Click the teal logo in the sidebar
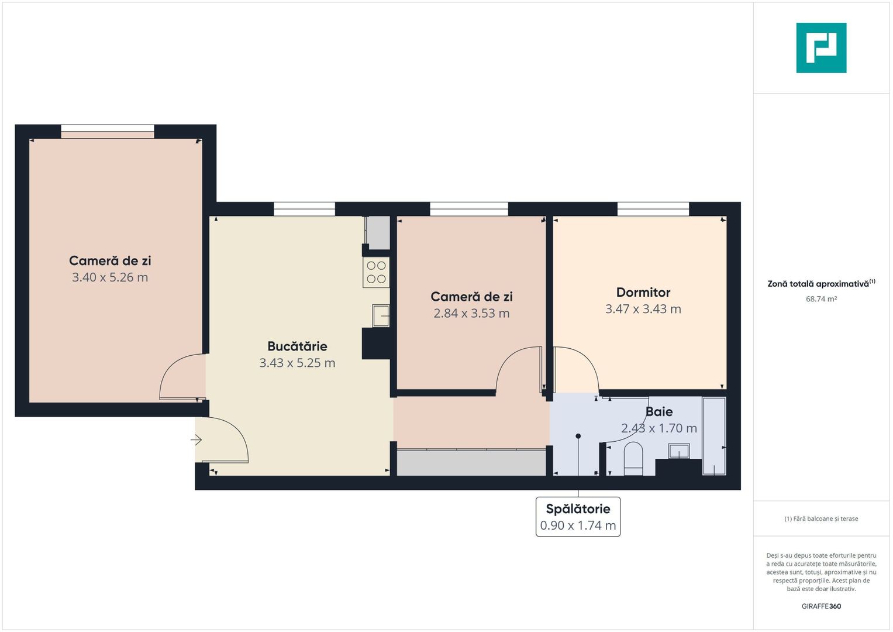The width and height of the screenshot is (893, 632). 821,48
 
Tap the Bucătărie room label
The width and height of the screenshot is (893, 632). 297,346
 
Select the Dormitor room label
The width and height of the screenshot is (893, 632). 643,293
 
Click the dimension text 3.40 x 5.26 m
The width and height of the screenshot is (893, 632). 110,277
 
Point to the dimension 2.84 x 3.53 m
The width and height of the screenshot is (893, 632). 471,314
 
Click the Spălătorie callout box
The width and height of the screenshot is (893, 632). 578,517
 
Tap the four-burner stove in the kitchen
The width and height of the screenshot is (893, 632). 376,273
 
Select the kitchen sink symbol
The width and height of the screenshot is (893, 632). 381,315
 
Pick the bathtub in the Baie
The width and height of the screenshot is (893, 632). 714,436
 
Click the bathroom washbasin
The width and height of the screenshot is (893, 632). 679,451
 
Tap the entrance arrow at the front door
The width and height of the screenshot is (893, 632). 196,439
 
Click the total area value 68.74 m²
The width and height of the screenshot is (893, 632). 821,299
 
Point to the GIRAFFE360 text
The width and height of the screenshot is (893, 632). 821,606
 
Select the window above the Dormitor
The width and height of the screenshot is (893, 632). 653,209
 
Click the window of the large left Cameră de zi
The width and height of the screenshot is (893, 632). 108,131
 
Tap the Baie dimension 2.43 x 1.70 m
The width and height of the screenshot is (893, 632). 659,428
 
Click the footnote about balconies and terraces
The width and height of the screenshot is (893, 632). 821,519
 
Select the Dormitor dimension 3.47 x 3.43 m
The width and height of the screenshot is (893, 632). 643,309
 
